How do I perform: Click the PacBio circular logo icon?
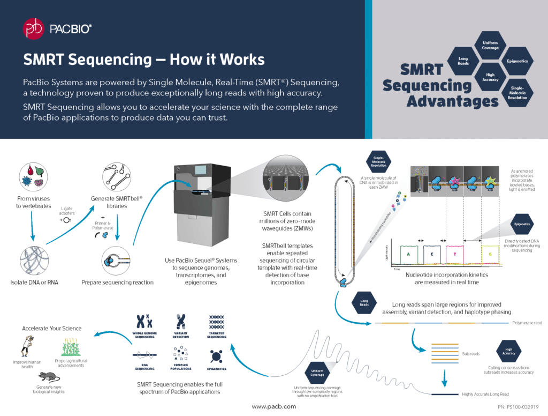pyautogui.click(x=33, y=28)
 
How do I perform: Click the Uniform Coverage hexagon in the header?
pyautogui.click(x=490, y=45)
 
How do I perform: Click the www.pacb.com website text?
pyautogui.click(x=274, y=406)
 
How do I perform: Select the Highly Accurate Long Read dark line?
pyautogui.click(x=443, y=395)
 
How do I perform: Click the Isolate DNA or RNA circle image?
pyautogui.click(x=34, y=261)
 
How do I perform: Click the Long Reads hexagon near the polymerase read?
pyautogui.click(x=363, y=303)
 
